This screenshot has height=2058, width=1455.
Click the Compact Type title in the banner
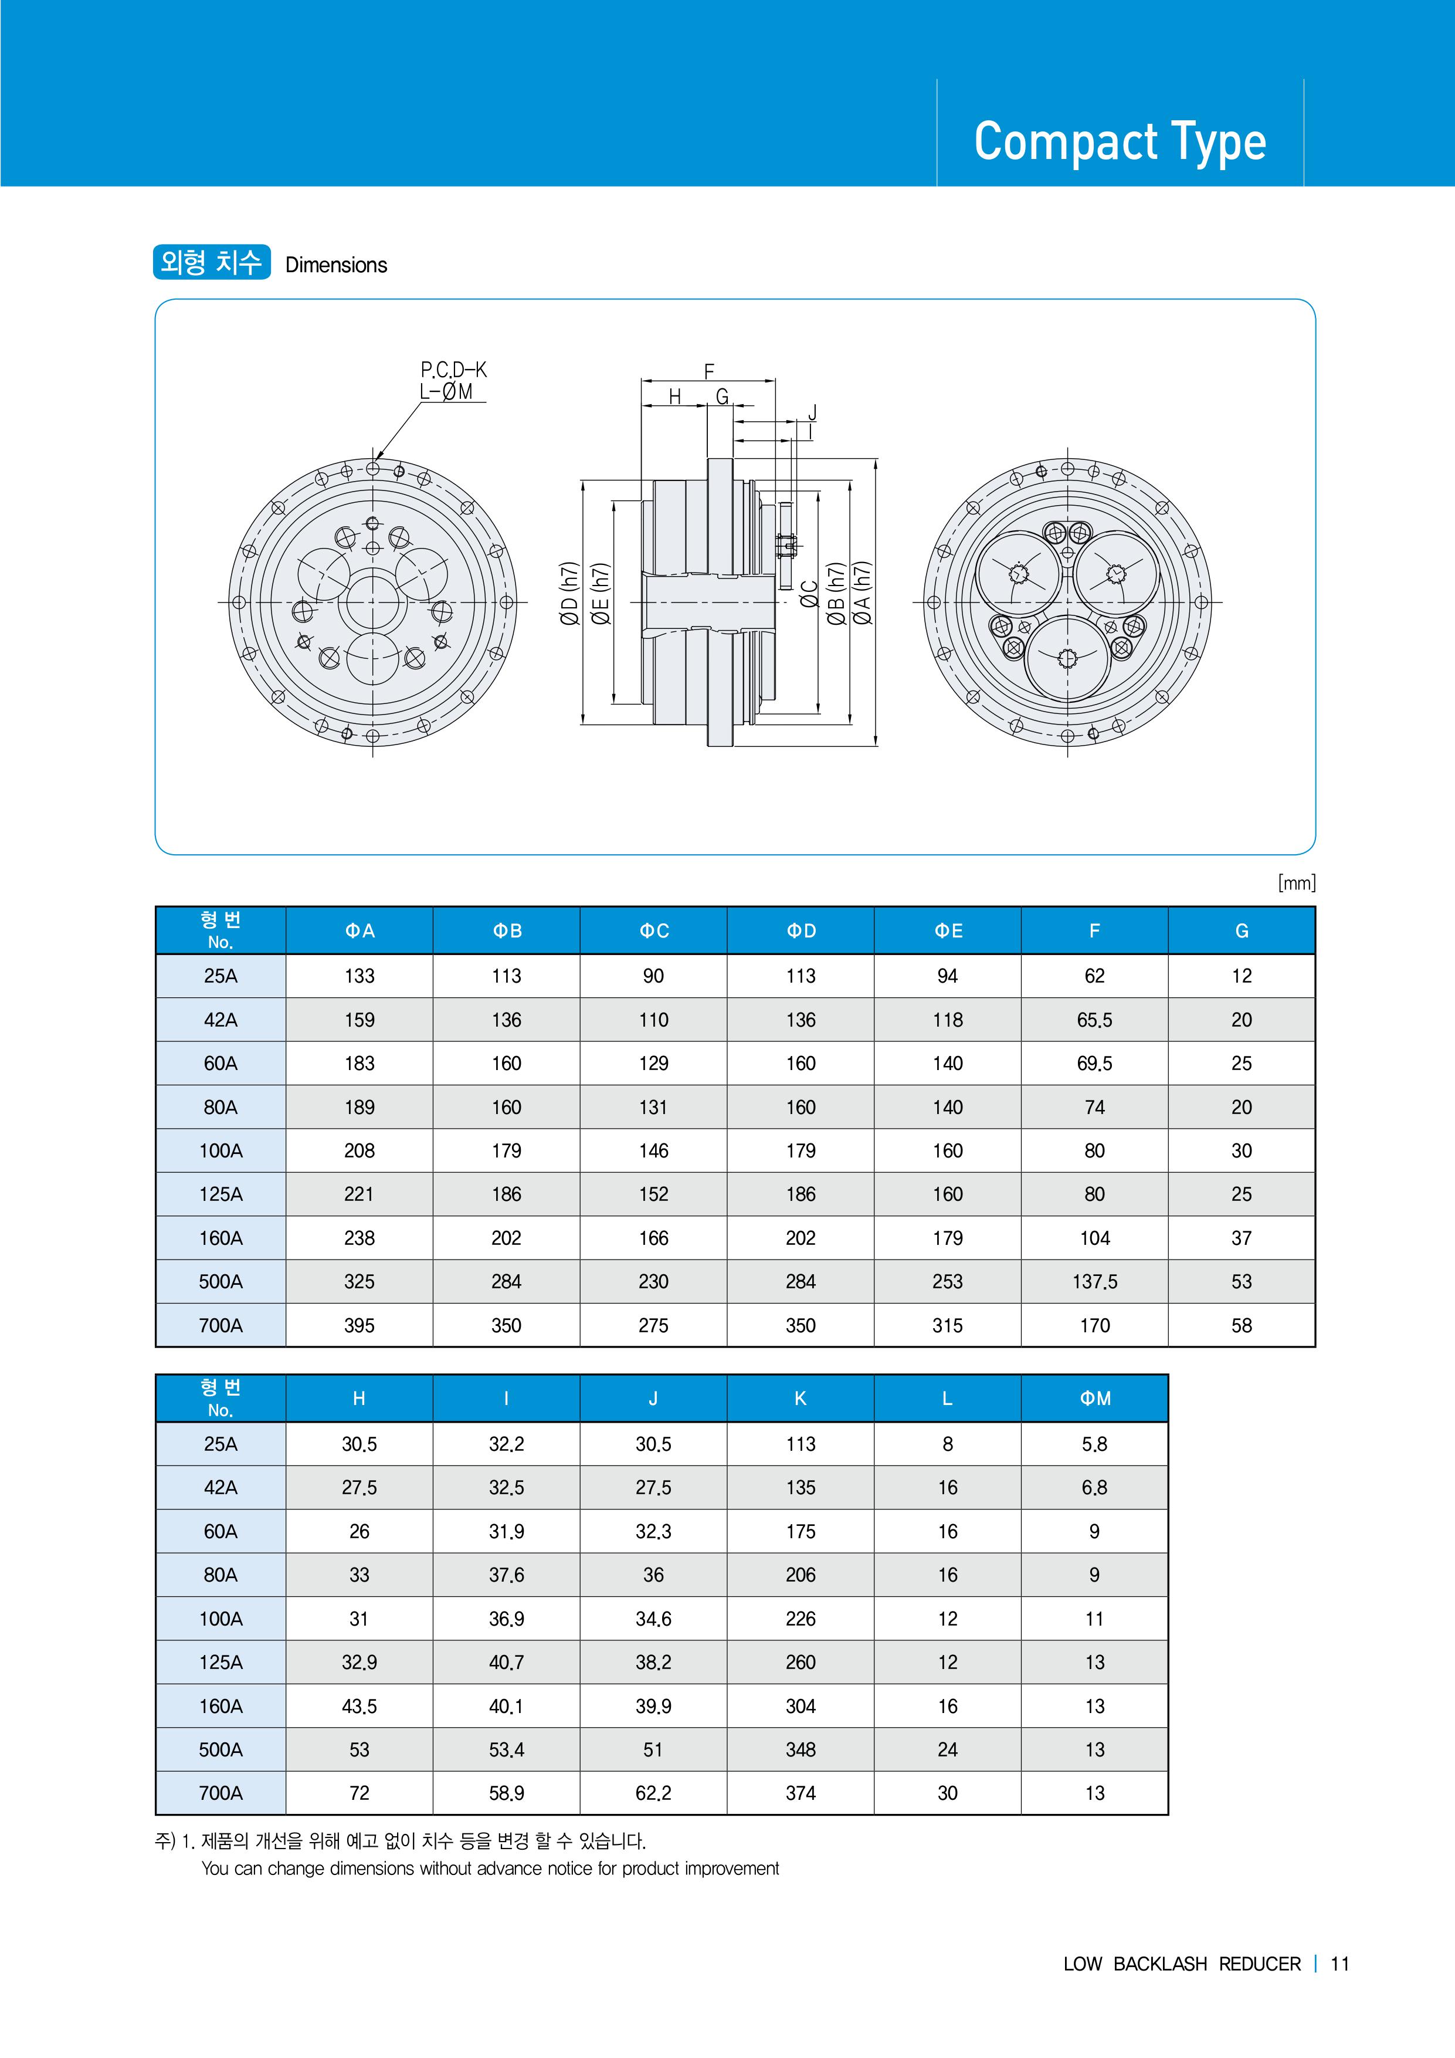point(1120,141)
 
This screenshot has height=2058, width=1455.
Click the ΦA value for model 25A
point(359,976)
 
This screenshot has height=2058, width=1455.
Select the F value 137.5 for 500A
point(1095,1282)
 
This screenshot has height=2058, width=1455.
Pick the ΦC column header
point(654,931)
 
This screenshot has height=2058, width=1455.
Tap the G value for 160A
point(1241,1238)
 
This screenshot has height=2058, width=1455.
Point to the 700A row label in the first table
point(221,1326)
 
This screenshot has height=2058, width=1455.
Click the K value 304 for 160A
point(801,1707)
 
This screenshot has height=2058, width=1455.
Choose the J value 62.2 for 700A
point(654,1793)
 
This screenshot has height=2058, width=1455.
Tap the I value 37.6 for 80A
point(506,1575)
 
